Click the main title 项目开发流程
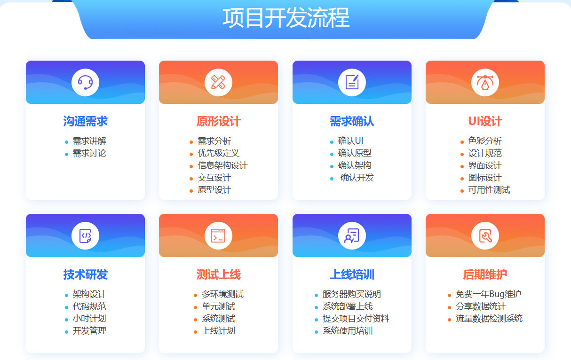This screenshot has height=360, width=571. coord(285,18)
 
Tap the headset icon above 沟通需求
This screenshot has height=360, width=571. coord(85,83)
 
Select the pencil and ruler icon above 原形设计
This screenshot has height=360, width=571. coord(218,83)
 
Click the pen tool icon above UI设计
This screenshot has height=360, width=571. coord(485,83)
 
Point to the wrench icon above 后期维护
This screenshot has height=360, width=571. coord(485,235)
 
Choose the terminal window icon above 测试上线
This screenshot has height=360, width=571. coord(218,235)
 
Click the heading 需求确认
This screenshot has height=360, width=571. coord(352,121)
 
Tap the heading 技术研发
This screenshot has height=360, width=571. coord(85,274)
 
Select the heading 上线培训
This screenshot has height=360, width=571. coord(352,274)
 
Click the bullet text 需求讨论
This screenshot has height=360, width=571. coord(89,153)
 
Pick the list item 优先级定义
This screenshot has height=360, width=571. coord(218,153)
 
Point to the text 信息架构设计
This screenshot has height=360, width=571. coord(222,165)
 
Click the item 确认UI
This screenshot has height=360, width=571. coord(350,141)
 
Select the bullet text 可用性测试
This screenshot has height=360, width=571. coord(489,190)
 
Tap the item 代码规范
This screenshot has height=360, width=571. coord(89,306)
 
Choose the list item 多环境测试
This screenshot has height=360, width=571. coord(222,294)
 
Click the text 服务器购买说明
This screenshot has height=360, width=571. coord(351,294)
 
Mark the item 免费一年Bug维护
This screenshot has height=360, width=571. coord(488,294)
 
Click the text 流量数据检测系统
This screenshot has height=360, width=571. coord(489,319)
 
